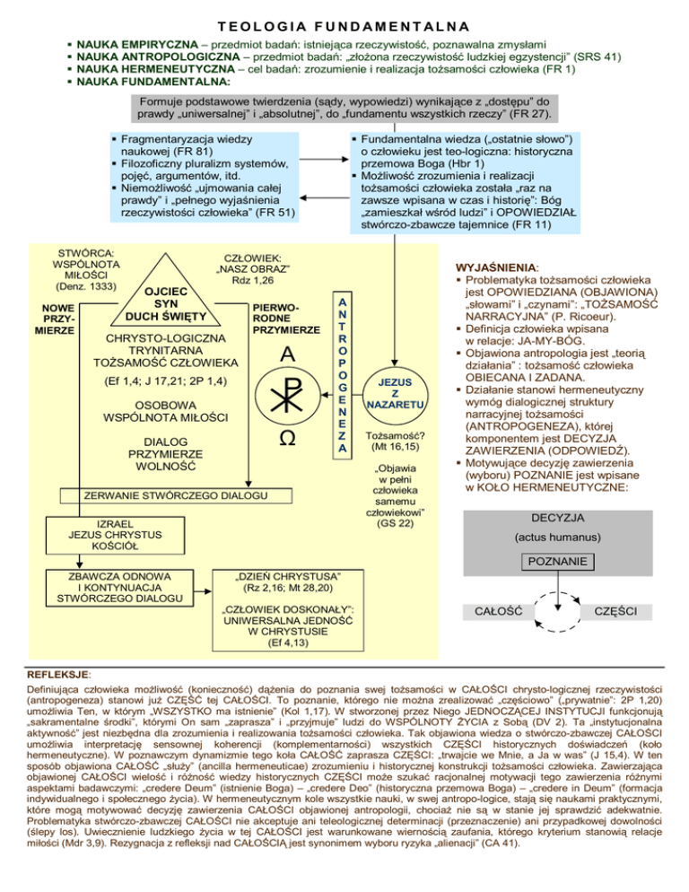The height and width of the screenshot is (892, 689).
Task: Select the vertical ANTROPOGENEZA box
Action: pos(340,374)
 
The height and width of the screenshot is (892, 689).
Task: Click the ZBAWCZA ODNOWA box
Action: pos(113,586)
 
